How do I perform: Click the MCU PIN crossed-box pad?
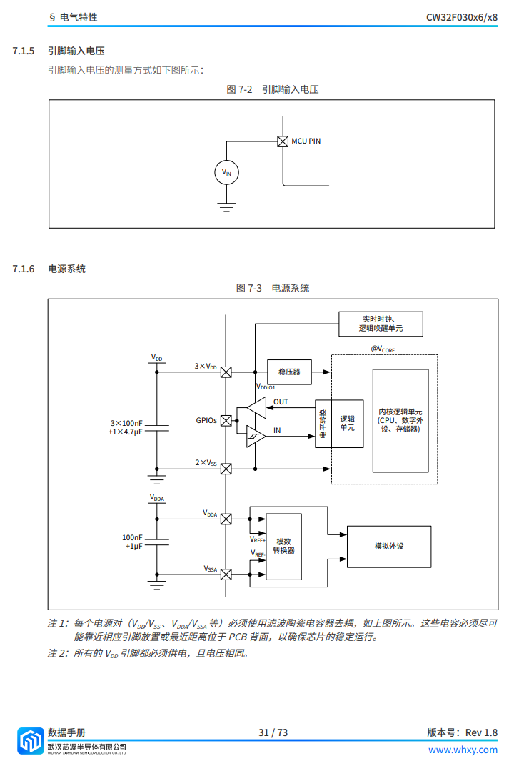click(x=283, y=141)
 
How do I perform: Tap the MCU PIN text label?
click(x=306, y=141)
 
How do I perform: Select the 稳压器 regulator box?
click(x=289, y=372)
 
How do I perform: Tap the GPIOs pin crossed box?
click(x=226, y=421)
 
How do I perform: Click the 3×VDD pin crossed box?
click(x=226, y=372)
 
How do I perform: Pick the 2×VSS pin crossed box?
click(x=226, y=469)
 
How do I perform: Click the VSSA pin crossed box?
click(x=226, y=574)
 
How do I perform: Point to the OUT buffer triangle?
click(x=257, y=407)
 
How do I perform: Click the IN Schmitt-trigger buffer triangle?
click(x=256, y=437)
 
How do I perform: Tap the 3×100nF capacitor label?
click(x=126, y=423)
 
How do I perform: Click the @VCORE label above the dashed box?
click(x=383, y=349)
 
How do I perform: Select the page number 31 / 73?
click(x=273, y=732)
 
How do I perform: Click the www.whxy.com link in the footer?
click(x=463, y=750)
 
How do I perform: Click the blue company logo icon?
click(x=30, y=740)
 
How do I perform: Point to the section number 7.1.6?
click(x=24, y=269)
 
